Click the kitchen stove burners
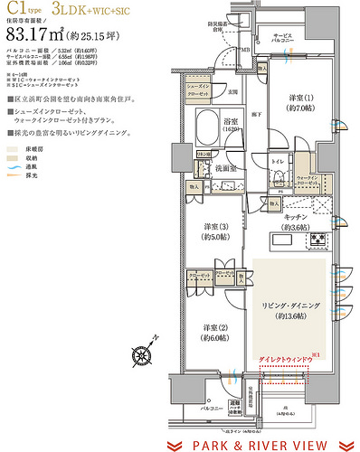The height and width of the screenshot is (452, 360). pyautogui.click(x=319, y=240)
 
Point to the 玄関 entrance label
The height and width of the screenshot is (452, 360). pyautogui.click(x=231, y=90)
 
